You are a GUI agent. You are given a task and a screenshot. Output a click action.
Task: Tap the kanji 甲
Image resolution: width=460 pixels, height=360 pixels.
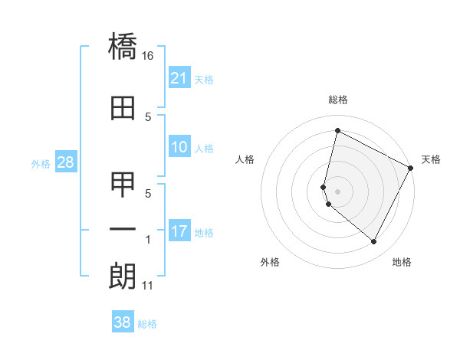123,185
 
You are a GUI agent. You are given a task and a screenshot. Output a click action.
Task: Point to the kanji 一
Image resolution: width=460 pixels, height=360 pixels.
123,229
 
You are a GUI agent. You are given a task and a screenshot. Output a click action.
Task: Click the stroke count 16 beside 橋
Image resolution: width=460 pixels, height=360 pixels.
148,56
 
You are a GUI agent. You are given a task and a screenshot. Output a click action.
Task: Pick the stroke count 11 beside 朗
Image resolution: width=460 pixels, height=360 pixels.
148,286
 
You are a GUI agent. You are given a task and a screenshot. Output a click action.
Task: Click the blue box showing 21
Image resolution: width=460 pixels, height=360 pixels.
179,78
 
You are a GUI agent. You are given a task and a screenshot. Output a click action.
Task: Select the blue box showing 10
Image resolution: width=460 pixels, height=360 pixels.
179,147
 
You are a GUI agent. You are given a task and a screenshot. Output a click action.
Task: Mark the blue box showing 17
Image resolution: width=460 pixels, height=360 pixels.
179,231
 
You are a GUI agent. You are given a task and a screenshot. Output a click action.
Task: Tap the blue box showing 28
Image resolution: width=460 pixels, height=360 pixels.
65,162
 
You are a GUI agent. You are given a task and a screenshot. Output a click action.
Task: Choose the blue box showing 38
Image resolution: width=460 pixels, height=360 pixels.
123,322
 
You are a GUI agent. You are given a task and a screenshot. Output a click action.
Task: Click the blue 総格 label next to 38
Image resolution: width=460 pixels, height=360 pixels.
147,324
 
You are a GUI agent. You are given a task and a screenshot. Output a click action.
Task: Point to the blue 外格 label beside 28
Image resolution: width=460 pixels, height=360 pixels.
41,163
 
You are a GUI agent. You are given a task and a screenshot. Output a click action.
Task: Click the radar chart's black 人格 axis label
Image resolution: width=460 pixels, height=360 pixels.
245,159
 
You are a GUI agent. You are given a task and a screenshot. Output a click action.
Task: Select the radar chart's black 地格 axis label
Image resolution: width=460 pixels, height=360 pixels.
402,263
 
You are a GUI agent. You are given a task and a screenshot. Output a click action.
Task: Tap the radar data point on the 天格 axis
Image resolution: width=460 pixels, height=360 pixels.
412,169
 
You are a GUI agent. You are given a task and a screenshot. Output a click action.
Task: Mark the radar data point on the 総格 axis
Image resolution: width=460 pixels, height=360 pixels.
337,131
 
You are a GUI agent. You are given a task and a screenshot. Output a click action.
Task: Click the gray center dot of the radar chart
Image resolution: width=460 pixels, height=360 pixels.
337,190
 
